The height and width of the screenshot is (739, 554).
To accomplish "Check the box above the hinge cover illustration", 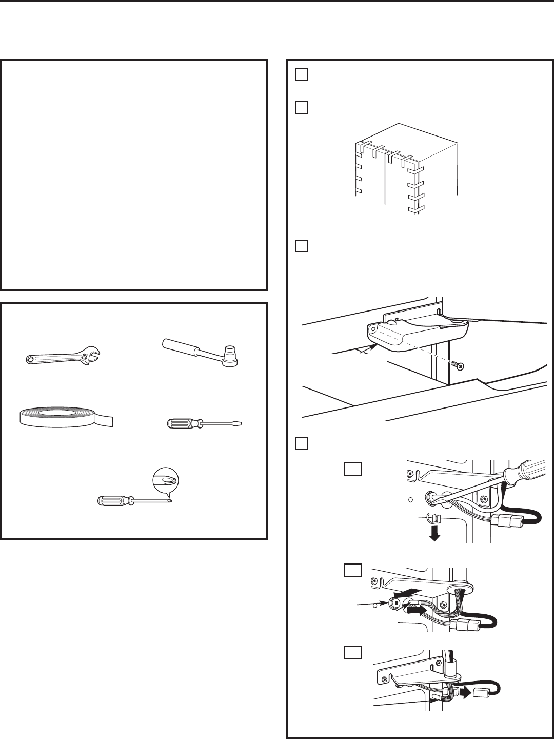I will coord(302,246).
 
